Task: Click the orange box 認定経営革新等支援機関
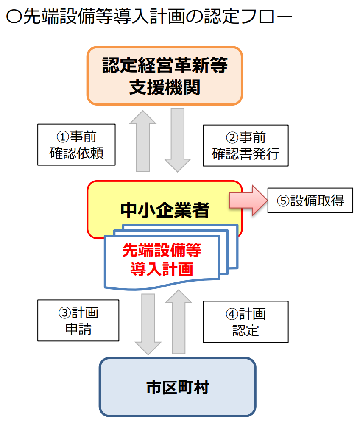coord(165,75)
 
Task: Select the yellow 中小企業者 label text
coord(165,209)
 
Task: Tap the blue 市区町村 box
coord(177,387)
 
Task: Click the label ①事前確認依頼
coord(76,145)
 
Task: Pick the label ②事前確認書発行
coord(246,145)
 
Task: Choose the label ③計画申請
coord(78,321)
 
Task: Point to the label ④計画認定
coord(246,321)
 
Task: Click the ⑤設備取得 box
coord(310,201)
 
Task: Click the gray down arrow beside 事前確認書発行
coord(177,139)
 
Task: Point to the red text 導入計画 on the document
coord(162,269)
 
